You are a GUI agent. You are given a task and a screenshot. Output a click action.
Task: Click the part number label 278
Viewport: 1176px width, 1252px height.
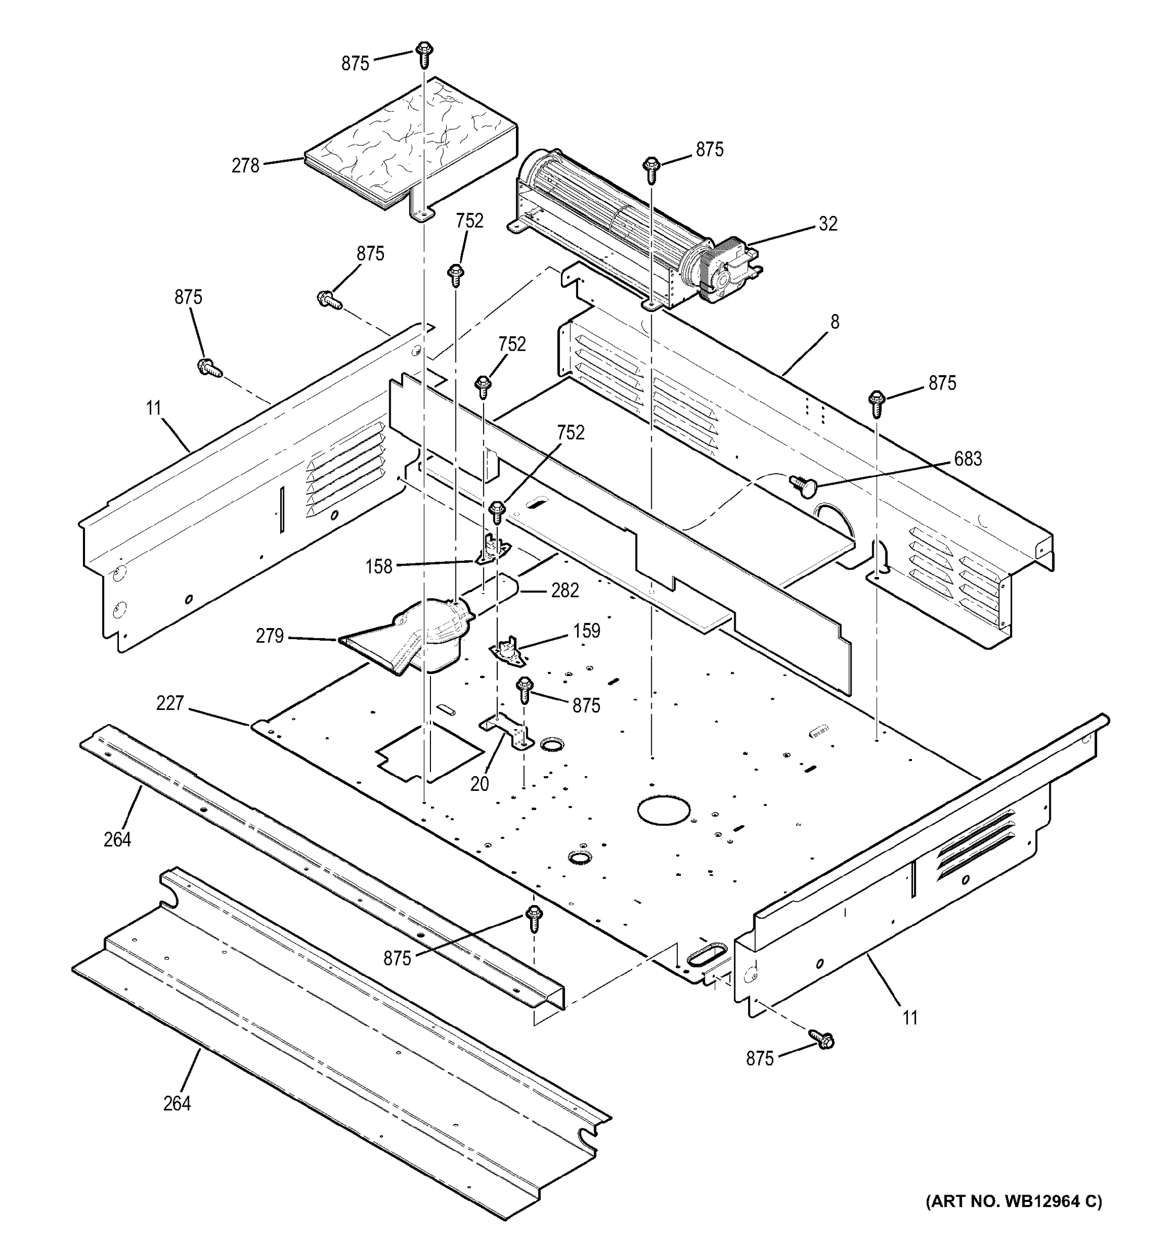(x=245, y=166)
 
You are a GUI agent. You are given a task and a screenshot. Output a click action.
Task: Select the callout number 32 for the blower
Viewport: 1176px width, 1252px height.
(x=827, y=224)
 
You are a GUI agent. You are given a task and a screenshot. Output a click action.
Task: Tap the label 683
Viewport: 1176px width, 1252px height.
(x=967, y=459)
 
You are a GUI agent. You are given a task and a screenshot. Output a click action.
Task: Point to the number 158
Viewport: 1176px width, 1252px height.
(x=379, y=567)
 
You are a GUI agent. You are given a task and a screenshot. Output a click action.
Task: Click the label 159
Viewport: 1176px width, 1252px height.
(x=586, y=630)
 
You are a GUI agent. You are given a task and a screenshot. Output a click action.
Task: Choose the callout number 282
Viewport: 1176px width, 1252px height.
(x=565, y=590)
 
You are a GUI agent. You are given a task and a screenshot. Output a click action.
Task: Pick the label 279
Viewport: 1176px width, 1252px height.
(x=270, y=636)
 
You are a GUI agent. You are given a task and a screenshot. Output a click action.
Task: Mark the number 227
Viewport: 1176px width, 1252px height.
(x=170, y=703)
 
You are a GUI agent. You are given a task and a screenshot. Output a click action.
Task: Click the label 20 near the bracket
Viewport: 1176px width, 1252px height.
(x=479, y=784)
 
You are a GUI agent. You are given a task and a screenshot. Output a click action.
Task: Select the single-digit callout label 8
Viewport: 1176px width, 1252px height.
(x=835, y=322)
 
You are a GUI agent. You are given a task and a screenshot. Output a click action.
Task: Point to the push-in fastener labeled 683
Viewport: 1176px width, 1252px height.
(x=802, y=484)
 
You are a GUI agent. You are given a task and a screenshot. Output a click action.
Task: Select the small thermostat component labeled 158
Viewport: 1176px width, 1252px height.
(x=492, y=549)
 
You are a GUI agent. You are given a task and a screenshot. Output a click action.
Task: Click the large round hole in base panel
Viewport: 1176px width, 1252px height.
(x=663, y=811)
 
